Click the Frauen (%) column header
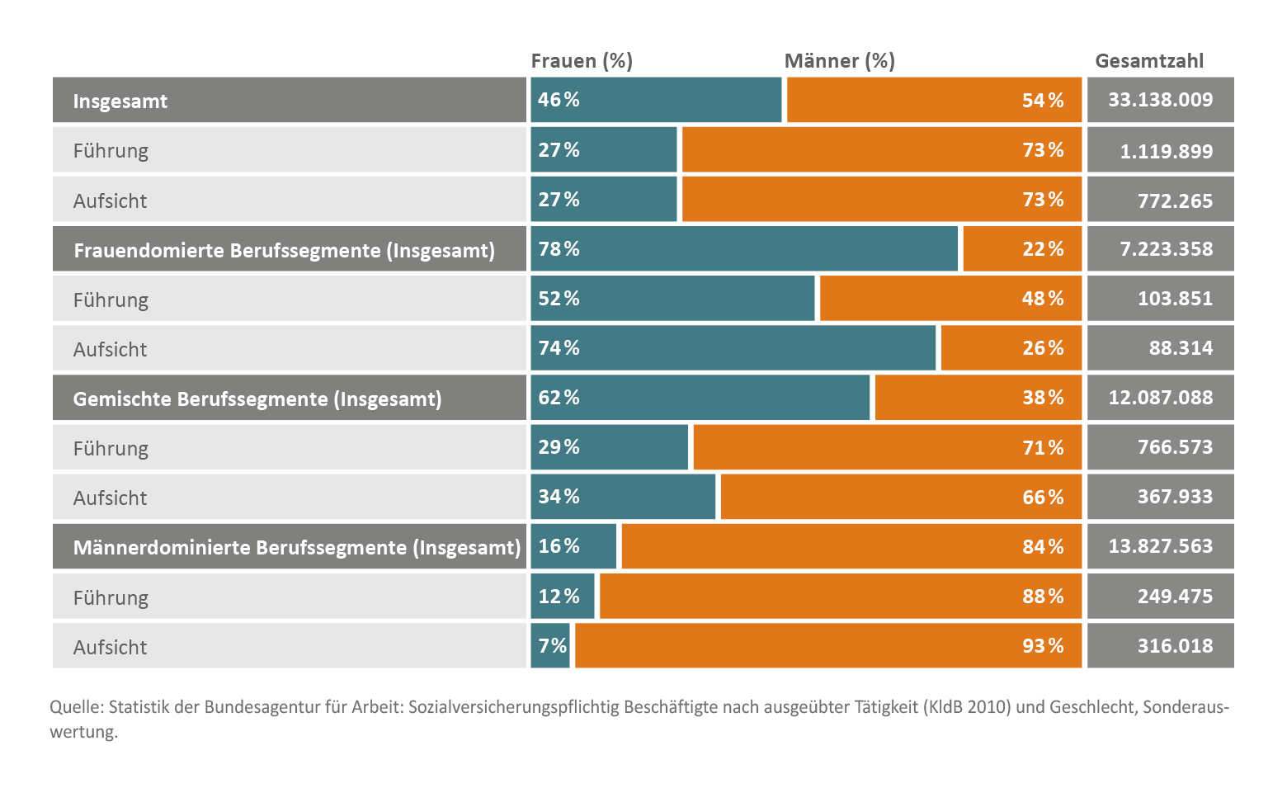tap(582, 61)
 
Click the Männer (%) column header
tap(839, 61)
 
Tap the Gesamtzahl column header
tap(1149, 61)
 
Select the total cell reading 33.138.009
tap(1160, 100)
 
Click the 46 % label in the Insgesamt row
tap(559, 100)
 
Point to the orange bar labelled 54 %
tap(934, 100)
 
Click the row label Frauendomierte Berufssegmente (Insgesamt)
tap(284, 250)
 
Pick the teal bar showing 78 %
tap(744, 248)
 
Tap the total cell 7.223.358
tap(1160, 248)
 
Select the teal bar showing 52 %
tap(672, 298)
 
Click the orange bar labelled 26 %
tap(1011, 348)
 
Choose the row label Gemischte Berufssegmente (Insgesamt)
tap(257, 399)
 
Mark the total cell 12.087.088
tap(1160, 398)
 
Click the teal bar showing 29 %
tap(609, 447)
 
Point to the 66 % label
tap(1043, 497)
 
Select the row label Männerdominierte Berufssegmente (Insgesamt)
tap(297, 547)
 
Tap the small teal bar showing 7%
tap(550, 645)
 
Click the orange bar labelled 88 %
tap(840, 596)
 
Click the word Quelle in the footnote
tap(76, 707)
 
